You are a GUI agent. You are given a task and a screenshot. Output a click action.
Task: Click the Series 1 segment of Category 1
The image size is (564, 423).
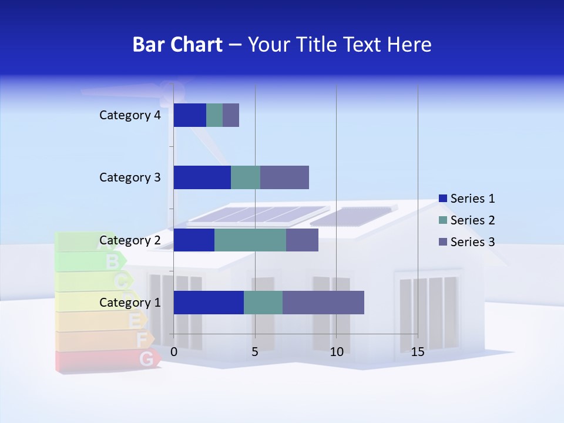[x=209, y=303]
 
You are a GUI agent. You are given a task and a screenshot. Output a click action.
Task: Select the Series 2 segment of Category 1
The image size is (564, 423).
[x=263, y=303]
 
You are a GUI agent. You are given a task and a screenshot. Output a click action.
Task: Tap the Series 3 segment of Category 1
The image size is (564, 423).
[x=323, y=303]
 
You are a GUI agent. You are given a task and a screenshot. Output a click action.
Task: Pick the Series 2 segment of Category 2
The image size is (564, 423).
[x=250, y=240]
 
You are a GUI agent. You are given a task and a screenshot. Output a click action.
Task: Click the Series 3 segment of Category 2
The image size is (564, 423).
[x=302, y=240]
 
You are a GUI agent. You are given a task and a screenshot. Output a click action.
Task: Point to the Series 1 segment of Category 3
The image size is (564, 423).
[x=202, y=177]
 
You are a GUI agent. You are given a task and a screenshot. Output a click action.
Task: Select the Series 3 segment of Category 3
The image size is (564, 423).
[x=284, y=177]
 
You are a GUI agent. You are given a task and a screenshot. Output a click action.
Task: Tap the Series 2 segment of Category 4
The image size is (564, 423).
[x=214, y=115]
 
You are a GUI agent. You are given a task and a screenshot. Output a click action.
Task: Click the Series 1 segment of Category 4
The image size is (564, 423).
[x=190, y=115]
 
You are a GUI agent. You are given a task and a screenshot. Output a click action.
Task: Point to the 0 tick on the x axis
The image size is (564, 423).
[x=174, y=352]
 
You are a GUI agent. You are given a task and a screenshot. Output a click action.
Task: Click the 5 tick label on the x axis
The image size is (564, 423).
[x=255, y=352]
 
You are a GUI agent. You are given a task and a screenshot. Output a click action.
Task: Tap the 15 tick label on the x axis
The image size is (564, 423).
[x=418, y=352]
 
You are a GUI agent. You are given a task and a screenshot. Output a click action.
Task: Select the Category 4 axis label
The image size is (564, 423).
[x=130, y=115]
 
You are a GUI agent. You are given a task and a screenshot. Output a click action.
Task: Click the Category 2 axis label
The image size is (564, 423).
[x=130, y=240]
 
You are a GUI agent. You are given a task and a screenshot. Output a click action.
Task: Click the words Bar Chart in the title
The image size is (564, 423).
[x=177, y=45]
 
